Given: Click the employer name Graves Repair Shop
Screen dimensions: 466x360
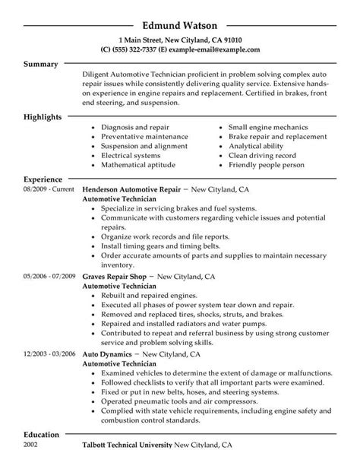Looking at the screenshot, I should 118,277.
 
